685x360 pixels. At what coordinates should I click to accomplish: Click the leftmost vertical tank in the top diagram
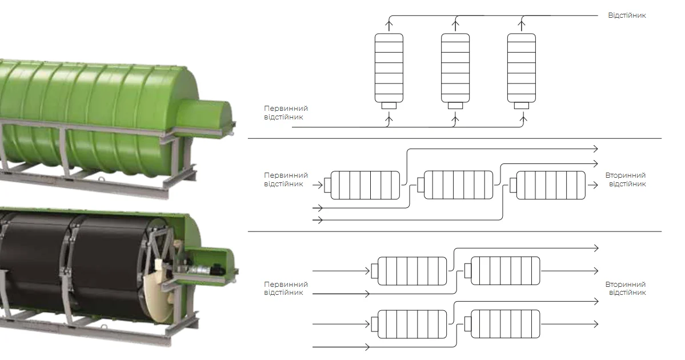tap(388, 67)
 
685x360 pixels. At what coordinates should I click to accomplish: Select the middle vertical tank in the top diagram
tap(455, 67)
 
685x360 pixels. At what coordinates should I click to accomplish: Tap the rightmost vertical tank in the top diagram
tap(522, 67)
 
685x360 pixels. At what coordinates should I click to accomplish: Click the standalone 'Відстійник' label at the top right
tap(627, 15)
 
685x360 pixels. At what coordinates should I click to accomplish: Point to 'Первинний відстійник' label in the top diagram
tap(286, 113)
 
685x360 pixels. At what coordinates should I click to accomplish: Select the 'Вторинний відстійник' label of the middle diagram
tap(627, 179)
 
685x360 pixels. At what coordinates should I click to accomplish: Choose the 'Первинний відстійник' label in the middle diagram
tap(286, 179)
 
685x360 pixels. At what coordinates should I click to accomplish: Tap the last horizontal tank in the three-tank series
tap(551, 185)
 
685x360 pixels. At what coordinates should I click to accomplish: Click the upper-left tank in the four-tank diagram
tap(412, 270)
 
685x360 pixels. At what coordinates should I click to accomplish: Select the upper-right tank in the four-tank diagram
tap(505, 270)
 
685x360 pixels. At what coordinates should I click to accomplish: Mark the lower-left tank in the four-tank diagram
tap(412, 324)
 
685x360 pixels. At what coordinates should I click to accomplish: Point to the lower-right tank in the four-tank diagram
tap(505, 324)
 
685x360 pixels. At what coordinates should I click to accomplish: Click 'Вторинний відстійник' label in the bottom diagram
tap(627, 288)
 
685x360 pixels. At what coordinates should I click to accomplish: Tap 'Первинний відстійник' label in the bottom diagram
tap(286, 288)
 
